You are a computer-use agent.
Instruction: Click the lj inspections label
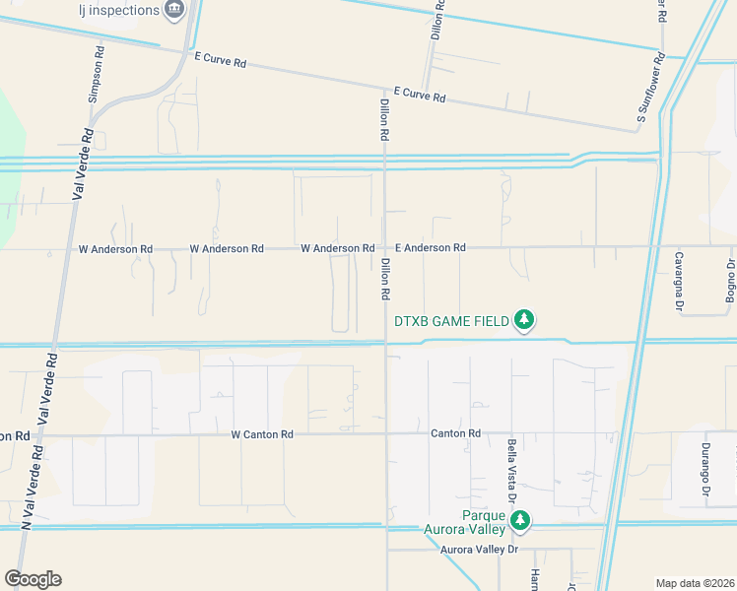click(x=118, y=10)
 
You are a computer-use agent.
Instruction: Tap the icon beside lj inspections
click(x=175, y=9)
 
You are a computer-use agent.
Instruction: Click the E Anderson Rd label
click(x=430, y=248)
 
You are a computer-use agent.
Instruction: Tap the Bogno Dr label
click(x=731, y=281)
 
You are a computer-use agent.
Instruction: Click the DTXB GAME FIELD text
click(x=451, y=321)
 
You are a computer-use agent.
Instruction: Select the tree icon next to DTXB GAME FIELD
click(x=525, y=319)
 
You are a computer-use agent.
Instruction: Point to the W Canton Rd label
click(x=262, y=434)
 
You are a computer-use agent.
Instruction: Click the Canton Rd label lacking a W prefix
click(x=455, y=433)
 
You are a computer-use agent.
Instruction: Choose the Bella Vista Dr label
click(x=513, y=470)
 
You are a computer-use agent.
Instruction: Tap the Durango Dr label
click(x=706, y=469)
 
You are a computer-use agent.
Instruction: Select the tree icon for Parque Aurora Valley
click(x=520, y=520)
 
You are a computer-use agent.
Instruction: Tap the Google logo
click(x=33, y=579)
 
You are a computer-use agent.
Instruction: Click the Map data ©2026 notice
click(x=695, y=582)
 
